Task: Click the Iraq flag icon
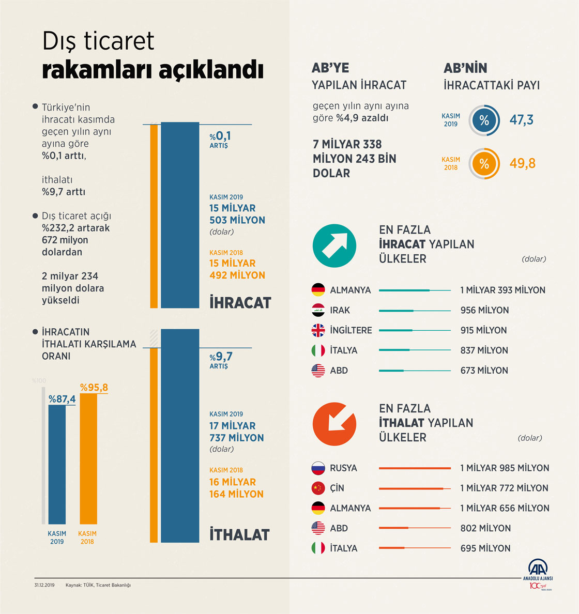point(318,310)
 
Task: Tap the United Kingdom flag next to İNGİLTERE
point(318,330)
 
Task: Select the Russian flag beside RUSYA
point(318,468)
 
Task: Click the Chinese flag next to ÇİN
point(318,488)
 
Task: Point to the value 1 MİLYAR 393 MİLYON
point(502,290)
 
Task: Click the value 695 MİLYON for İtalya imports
point(485,548)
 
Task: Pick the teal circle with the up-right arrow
point(334,245)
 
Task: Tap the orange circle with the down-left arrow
point(334,424)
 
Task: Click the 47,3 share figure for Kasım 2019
point(521,120)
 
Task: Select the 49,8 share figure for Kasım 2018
point(522,164)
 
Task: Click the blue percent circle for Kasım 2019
point(484,121)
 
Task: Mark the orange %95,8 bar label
point(94,388)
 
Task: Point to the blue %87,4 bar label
point(62,399)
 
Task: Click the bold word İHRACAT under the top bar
point(240,303)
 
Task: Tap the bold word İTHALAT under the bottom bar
point(239,534)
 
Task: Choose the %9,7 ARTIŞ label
point(221,360)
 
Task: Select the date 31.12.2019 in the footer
point(44,585)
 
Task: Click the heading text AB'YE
point(330,68)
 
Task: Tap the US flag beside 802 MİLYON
point(318,528)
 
